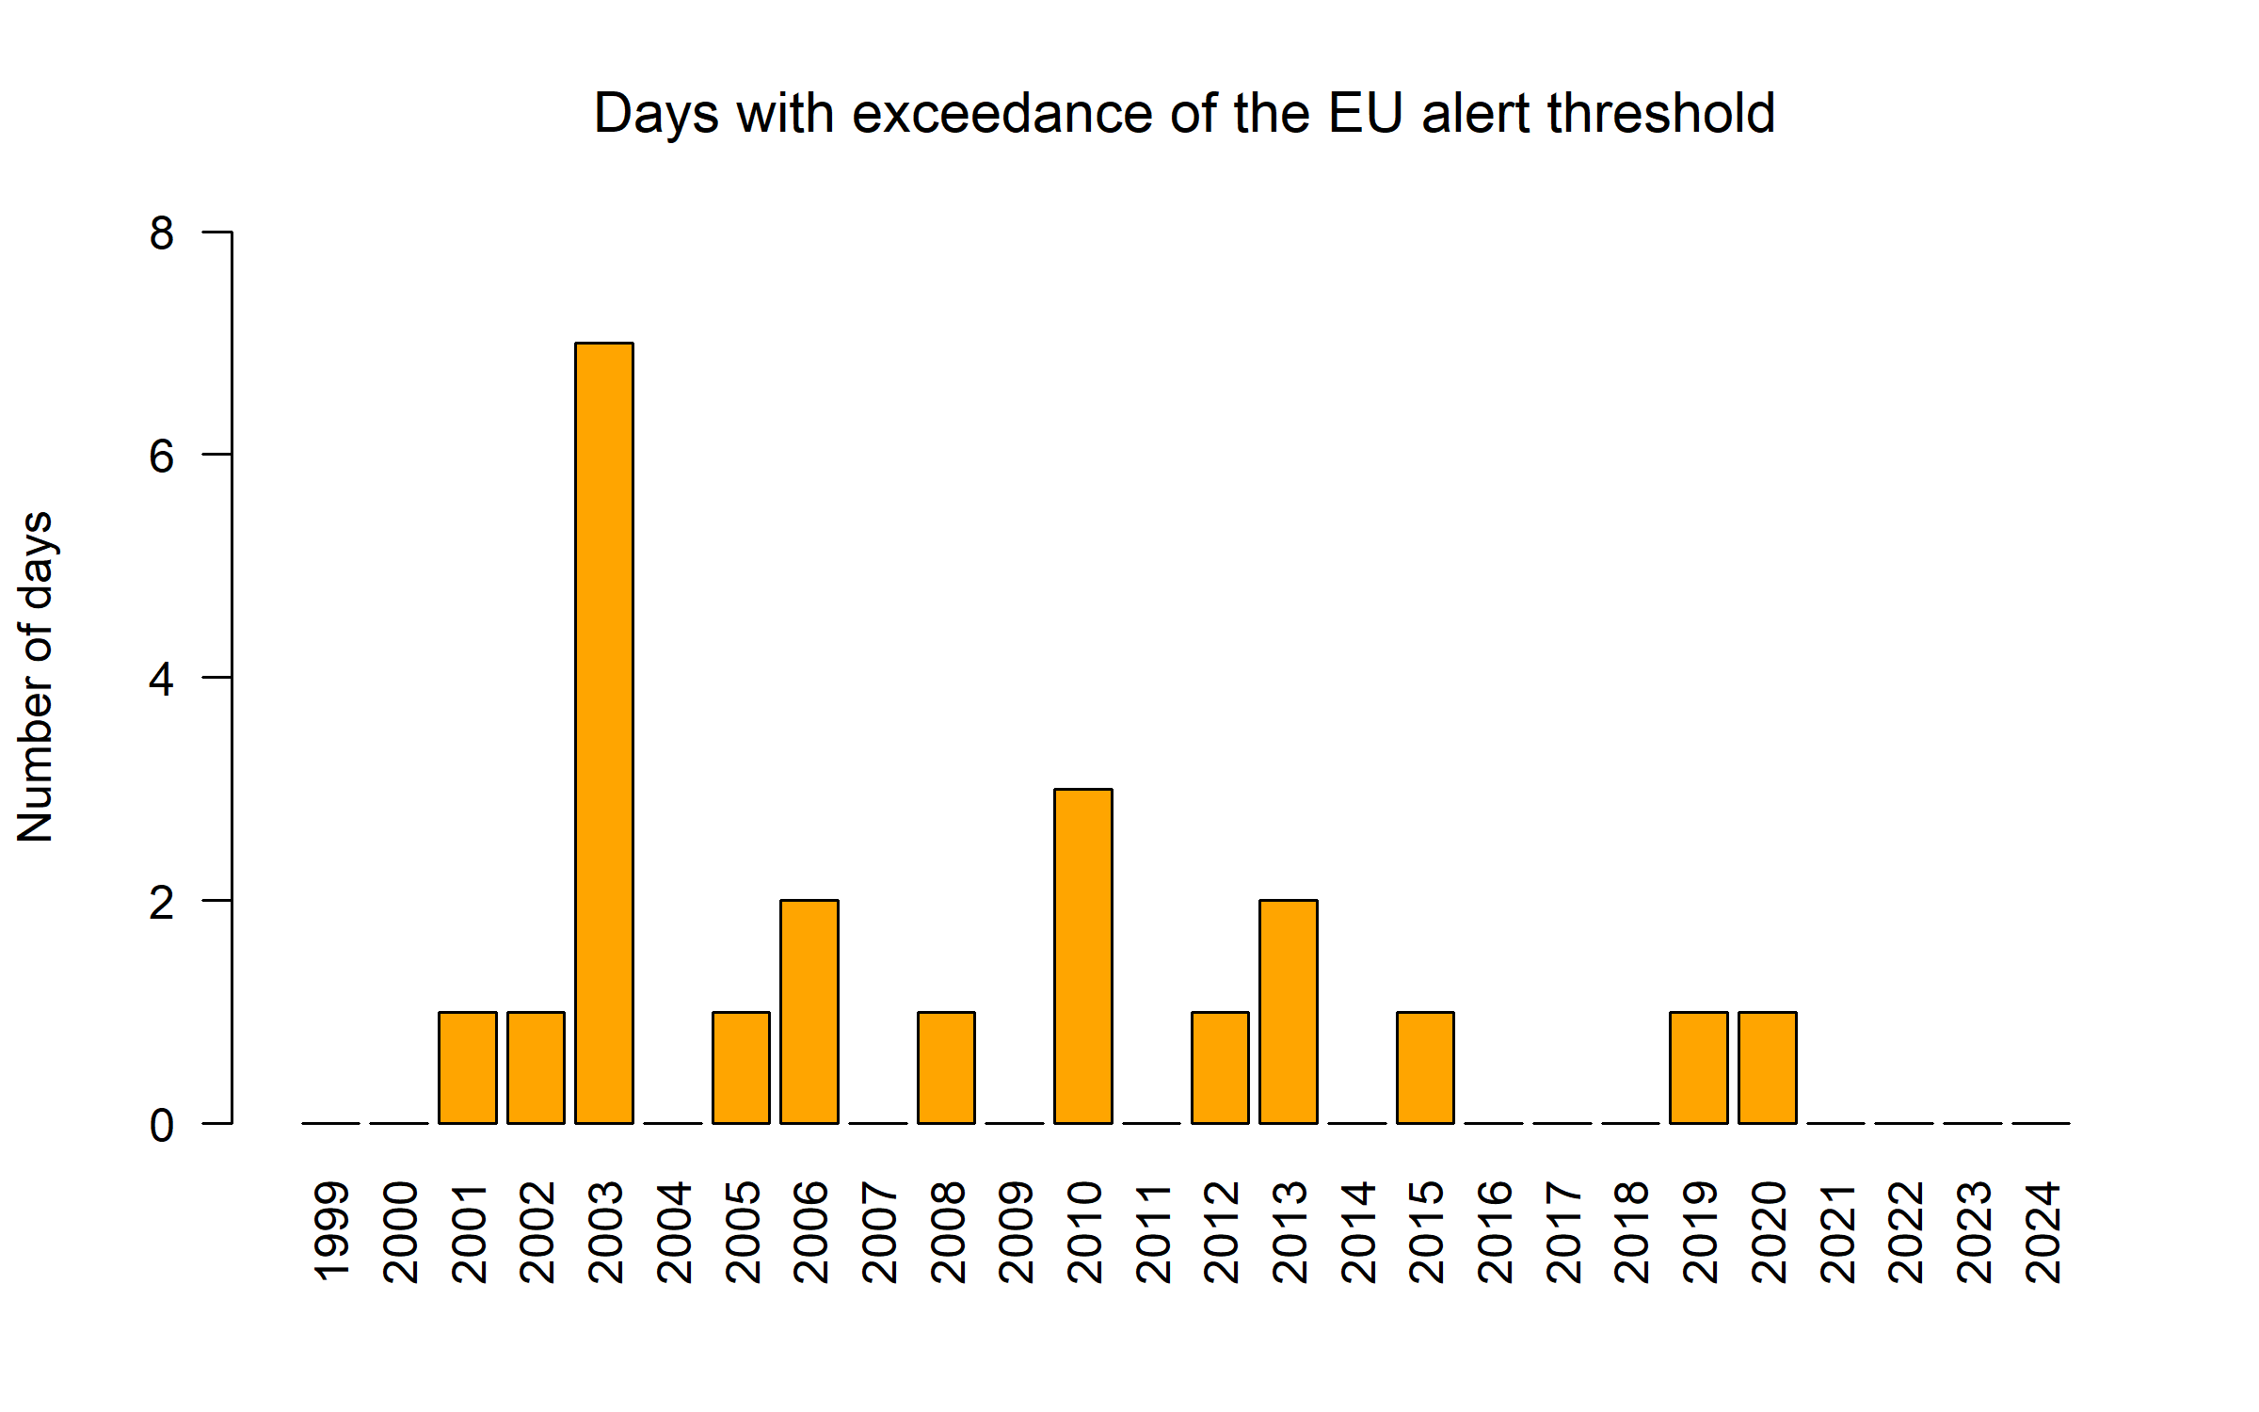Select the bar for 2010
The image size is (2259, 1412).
click(1083, 955)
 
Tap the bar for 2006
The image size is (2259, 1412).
click(809, 1011)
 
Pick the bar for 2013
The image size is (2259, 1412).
click(1289, 1011)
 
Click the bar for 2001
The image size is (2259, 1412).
click(468, 1067)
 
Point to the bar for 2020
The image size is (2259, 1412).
click(1768, 1067)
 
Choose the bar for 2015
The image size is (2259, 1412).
click(1425, 1067)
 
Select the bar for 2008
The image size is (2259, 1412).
click(946, 1067)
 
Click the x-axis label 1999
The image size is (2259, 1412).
click(331, 1232)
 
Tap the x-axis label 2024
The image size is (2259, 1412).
click(2042, 1232)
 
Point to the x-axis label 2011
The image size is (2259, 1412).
click(1152, 1232)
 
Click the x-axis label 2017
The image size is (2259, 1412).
click(1562, 1232)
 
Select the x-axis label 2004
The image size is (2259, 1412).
click(673, 1232)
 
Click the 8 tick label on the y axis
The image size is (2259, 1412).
click(162, 233)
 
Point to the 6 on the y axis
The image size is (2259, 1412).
click(162, 456)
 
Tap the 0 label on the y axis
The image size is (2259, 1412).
click(162, 1125)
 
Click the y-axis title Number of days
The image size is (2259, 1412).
click(36, 677)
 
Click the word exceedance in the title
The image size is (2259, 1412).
click(1001, 114)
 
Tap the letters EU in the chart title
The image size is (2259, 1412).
click(1365, 114)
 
